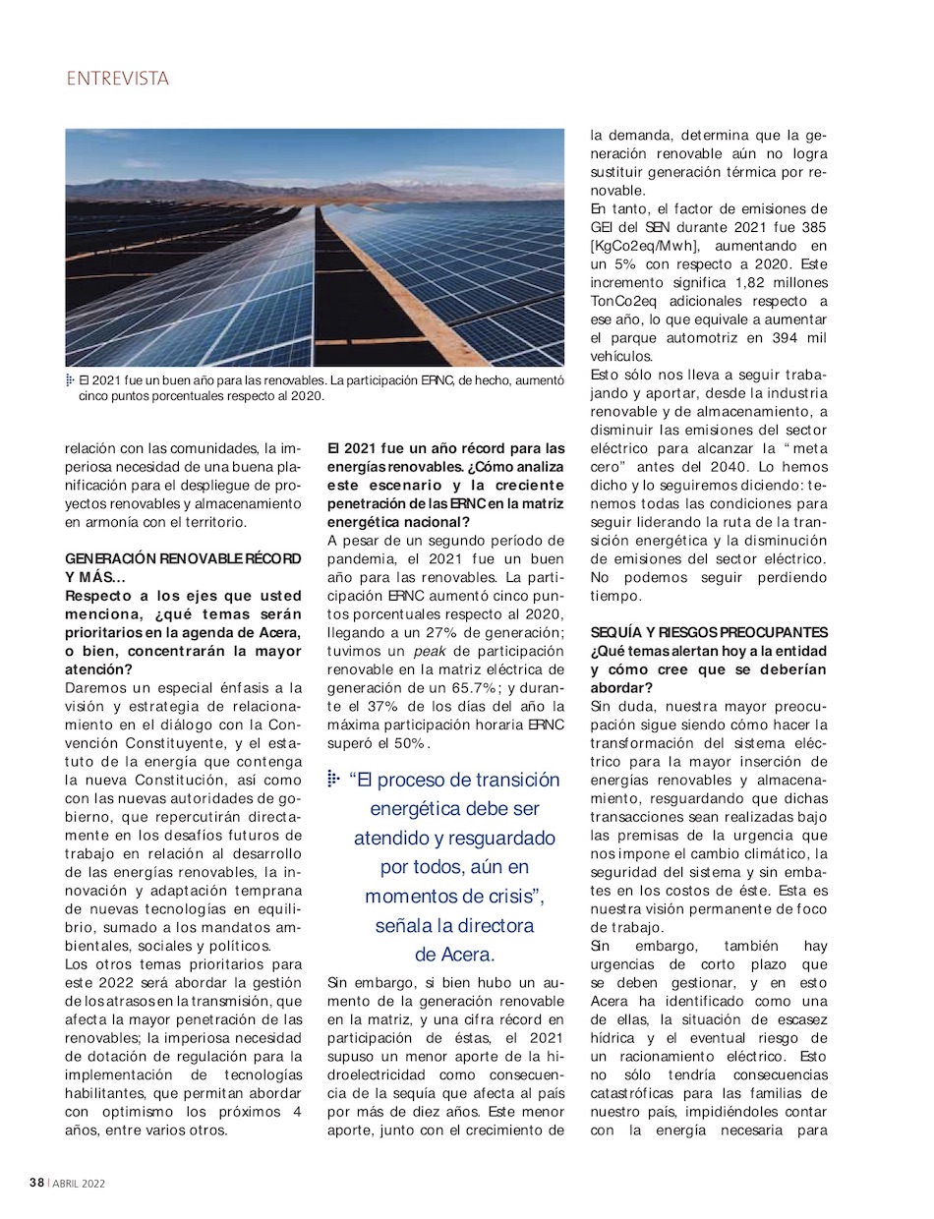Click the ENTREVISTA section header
click(118, 79)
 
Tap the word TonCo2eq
click(629, 302)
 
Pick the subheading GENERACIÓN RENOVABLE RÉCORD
click(183, 558)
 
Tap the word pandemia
click(364, 557)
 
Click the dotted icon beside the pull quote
click(334, 780)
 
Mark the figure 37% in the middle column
click(379, 707)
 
